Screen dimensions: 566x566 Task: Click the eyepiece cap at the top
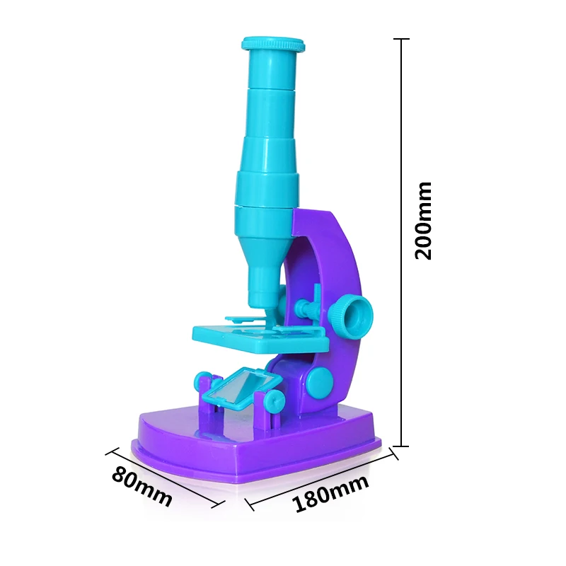273,45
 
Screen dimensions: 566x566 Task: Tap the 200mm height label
423,220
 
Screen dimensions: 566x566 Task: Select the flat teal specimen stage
260,337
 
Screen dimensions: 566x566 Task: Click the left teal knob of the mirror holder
199,383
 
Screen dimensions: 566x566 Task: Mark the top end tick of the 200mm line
403,40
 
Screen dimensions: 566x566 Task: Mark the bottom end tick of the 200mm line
403,446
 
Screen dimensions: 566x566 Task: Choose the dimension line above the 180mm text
318,480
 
